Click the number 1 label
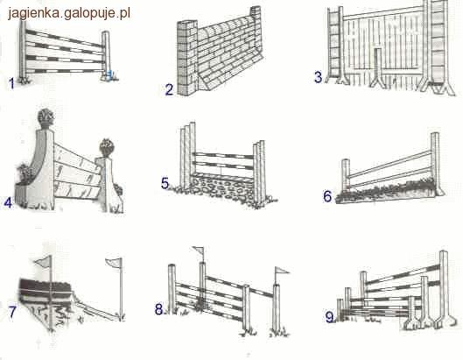pyautogui.click(x=11, y=83)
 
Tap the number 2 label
pyautogui.click(x=169, y=89)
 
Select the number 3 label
pyautogui.click(x=318, y=77)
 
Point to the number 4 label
pyautogui.click(x=8, y=202)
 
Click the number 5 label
pyautogui.click(x=165, y=183)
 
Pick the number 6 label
pyautogui.click(x=327, y=196)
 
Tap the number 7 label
pyautogui.click(x=12, y=312)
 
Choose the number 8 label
pyautogui.click(x=159, y=310)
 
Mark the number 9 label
pyautogui.click(x=330, y=318)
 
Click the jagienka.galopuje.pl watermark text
pyautogui.click(x=69, y=13)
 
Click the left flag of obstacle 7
pyautogui.click(x=44, y=261)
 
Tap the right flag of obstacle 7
pyautogui.click(x=114, y=263)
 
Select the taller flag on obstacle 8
pyautogui.click(x=198, y=251)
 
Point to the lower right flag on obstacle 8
pyautogui.click(x=282, y=271)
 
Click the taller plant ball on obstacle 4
pyautogui.click(x=46, y=117)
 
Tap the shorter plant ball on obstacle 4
pyautogui.click(x=107, y=147)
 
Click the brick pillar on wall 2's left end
pyautogui.click(x=187, y=58)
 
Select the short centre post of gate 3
pyautogui.click(x=377, y=67)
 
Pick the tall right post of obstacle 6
pyautogui.click(x=436, y=164)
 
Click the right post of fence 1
pyautogui.click(x=106, y=55)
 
